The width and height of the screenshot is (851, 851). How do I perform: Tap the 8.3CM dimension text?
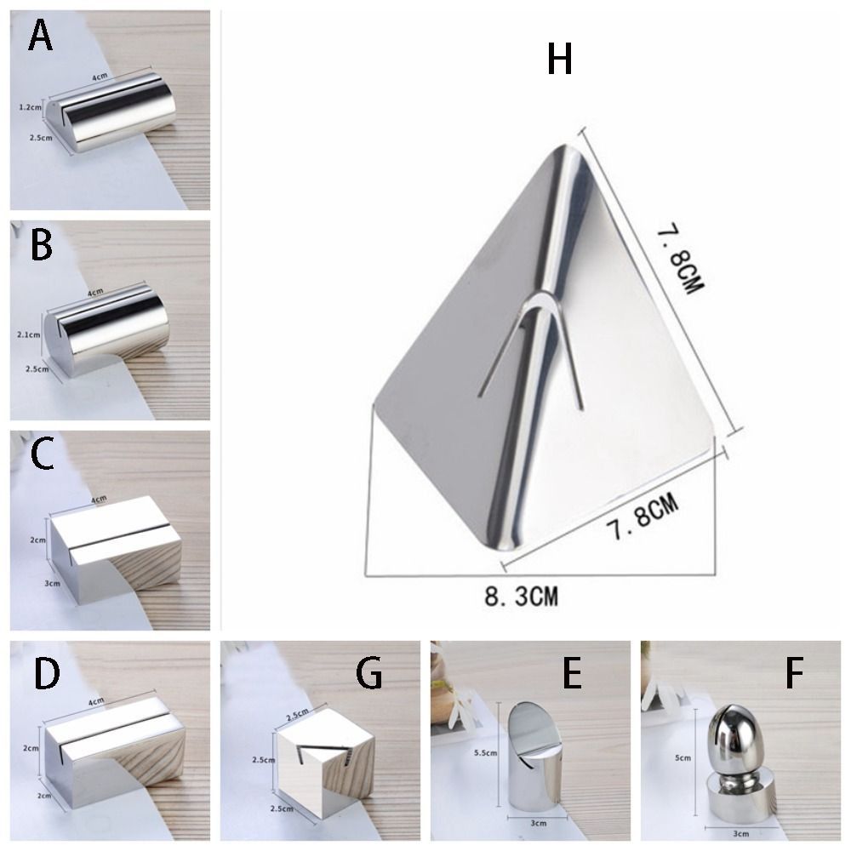click(x=522, y=595)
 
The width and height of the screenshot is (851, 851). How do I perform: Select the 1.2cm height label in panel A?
click(x=30, y=107)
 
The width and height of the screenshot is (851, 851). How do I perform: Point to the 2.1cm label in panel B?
click(x=30, y=335)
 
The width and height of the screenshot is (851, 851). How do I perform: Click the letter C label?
click(x=42, y=457)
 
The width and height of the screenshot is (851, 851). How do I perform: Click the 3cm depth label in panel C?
click(x=29, y=584)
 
